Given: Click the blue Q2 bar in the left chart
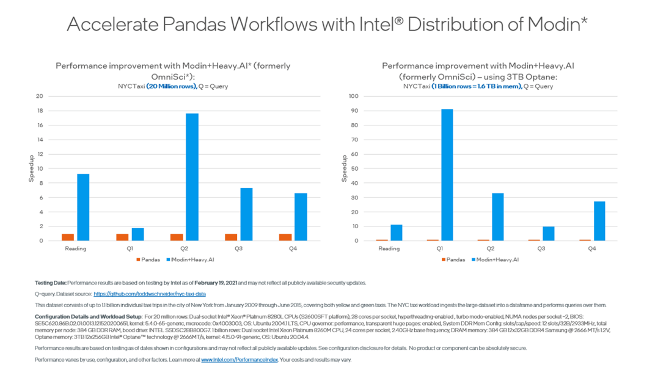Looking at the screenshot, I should (x=192, y=177).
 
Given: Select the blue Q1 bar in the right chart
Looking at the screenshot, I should (x=447, y=175).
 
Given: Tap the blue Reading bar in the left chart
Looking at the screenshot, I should (x=83, y=207).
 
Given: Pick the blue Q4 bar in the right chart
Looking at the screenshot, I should (x=599, y=221).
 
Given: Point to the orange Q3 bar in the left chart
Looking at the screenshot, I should (x=231, y=237).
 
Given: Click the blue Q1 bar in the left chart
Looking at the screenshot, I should (x=137, y=234).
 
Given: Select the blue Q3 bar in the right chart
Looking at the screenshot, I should (x=548, y=234).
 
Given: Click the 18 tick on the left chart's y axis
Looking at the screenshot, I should (x=40, y=111).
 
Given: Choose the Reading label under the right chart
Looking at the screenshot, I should (x=389, y=248).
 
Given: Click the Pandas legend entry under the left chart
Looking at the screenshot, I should (x=148, y=259).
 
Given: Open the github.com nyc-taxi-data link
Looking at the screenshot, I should (x=149, y=294).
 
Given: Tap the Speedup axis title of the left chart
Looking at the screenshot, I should (x=32, y=168).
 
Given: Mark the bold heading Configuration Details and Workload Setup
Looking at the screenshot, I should (x=89, y=316).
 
